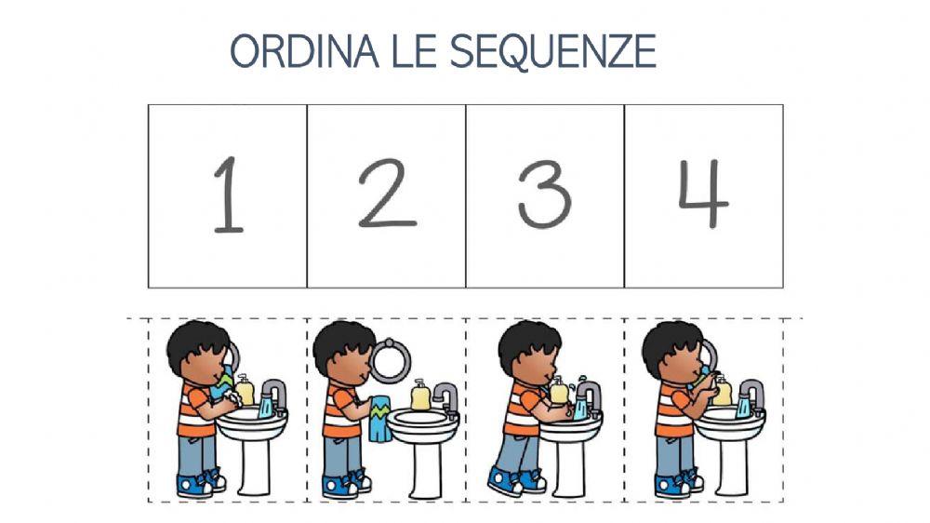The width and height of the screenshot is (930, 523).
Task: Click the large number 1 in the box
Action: click(x=227, y=194)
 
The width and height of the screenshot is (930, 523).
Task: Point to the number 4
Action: click(x=702, y=194)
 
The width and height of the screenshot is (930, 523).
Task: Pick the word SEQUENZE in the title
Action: click(x=553, y=52)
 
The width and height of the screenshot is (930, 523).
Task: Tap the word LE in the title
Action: click(x=413, y=52)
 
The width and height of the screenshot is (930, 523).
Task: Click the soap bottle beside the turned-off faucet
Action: click(x=420, y=396)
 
